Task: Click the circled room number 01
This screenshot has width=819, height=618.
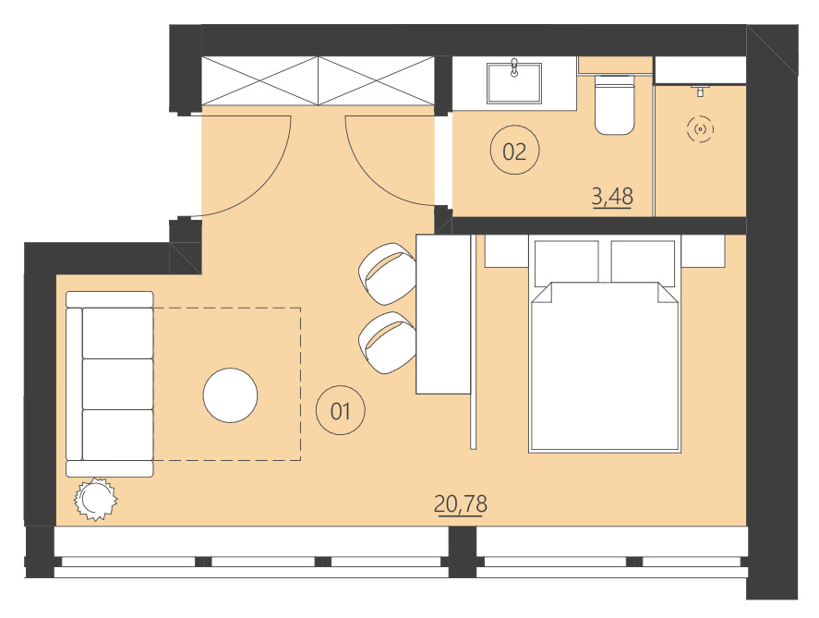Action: pos(341,410)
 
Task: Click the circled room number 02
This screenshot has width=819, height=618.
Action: pos(514,151)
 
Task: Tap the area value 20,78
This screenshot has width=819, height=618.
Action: pos(460,504)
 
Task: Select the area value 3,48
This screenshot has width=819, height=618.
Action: pos(611,197)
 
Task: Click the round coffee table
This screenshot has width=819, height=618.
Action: pos(230,395)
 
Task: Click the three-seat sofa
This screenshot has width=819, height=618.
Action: pos(110,383)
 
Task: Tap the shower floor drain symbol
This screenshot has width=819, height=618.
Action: pos(701,130)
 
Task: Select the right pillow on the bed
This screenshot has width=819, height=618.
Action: pos(644,261)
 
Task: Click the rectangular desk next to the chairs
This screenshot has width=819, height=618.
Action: pos(444,314)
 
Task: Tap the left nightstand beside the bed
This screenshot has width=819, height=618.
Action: pos(506,249)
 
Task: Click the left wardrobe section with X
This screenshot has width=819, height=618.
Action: pos(259,80)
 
